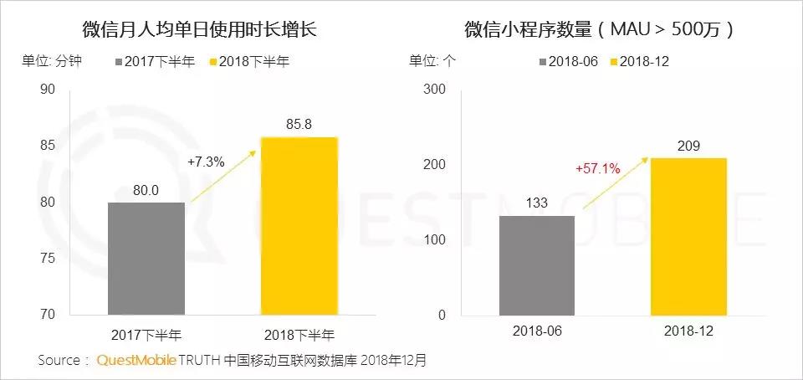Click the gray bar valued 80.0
point(146,259)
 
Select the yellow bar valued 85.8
point(299,226)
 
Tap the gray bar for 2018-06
point(537,265)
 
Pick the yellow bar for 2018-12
point(688,237)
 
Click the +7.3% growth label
point(206,162)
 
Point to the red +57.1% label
point(598,168)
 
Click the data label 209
point(688,146)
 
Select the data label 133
point(537,203)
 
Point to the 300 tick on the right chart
point(435,89)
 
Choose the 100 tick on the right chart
point(435,239)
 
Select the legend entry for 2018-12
point(640,61)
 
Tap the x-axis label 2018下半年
point(299,335)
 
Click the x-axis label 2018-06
point(537,331)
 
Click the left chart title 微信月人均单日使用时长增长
point(200,29)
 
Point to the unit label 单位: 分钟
point(51,61)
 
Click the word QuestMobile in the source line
point(136,360)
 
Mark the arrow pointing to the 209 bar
point(615,183)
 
